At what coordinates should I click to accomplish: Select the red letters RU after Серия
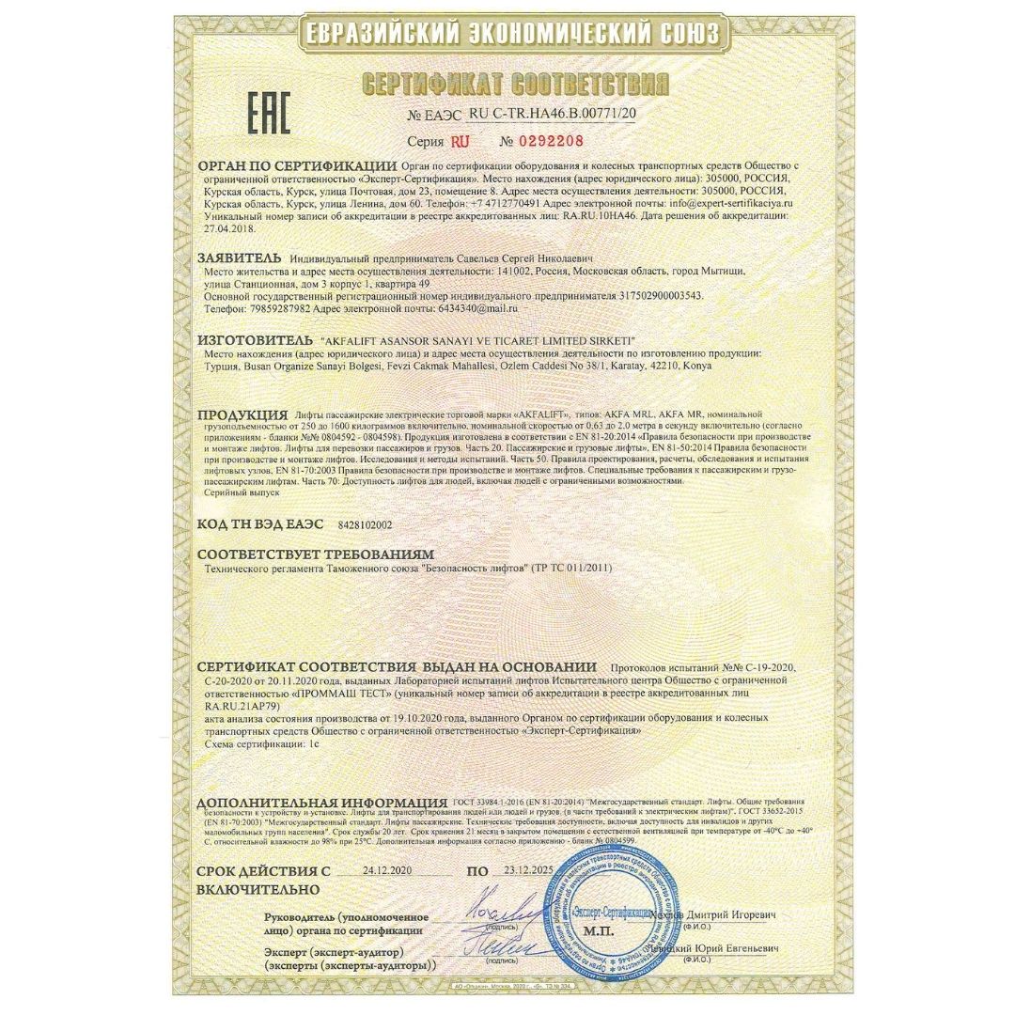(x=461, y=141)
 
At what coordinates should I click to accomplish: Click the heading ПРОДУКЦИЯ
(x=242, y=414)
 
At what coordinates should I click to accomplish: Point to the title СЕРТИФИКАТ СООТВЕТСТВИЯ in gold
(x=515, y=86)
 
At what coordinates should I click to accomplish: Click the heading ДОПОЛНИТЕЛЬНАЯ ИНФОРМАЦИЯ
(x=321, y=803)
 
